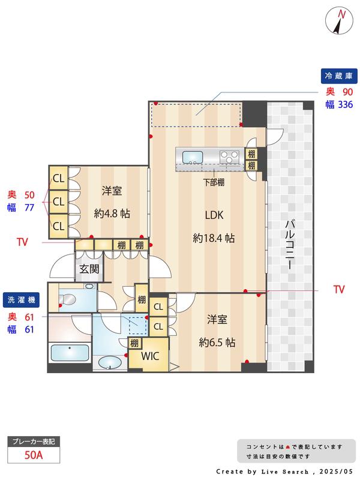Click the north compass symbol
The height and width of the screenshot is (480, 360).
[339, 20]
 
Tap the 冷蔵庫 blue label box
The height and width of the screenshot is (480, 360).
[339, 76]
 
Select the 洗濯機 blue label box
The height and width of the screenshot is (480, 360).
[21, 300]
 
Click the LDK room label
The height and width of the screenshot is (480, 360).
[214, 215]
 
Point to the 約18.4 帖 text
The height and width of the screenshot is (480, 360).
[214, 238]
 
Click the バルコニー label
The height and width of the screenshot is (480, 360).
[290, 245]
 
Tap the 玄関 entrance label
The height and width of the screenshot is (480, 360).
[89, 269]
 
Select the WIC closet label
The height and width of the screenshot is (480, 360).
[150, 356]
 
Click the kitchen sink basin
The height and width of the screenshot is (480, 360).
[193, 157]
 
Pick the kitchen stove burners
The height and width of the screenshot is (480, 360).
[229, 157]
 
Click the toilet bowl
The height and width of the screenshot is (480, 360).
[68, 299]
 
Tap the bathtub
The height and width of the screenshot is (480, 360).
[70, 353]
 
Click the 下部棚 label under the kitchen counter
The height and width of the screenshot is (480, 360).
[214, 182]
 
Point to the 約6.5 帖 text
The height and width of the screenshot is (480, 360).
[217, 342]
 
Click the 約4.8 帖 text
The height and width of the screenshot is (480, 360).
[112, 214]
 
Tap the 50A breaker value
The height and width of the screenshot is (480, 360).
[34, 455]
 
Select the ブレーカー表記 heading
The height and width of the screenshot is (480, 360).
[34, 442]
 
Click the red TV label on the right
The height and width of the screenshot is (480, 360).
[339, 289]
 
